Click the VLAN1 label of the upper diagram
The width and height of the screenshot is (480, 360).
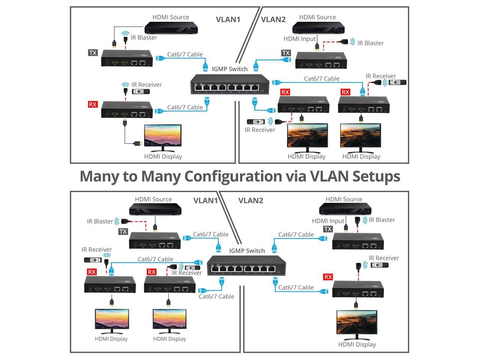[228, 19]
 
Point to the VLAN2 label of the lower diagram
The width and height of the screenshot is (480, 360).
[250, 201]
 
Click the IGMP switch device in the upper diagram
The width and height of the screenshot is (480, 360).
[230, 84]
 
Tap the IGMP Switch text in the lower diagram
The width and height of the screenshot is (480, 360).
[247, 250]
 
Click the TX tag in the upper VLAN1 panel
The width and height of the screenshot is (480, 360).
[93, 53]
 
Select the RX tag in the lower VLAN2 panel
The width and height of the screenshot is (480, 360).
[328, 277]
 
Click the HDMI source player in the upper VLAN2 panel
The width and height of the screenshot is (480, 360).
[318, 28]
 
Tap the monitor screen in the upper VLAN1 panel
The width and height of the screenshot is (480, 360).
[163, 136]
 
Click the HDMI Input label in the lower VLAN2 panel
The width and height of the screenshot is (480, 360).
[328, 221]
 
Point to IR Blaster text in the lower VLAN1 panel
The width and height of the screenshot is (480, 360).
[100, 221]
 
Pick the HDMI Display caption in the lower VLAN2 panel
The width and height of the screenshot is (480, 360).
[357, 344]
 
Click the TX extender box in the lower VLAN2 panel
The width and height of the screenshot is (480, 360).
[358, 241]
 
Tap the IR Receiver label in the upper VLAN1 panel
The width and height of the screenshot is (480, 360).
[147, 85]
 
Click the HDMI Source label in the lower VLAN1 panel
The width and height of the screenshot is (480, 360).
[153, 199]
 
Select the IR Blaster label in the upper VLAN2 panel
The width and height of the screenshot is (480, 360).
[370, 43]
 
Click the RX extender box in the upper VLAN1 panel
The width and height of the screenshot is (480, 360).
[127, 109]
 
